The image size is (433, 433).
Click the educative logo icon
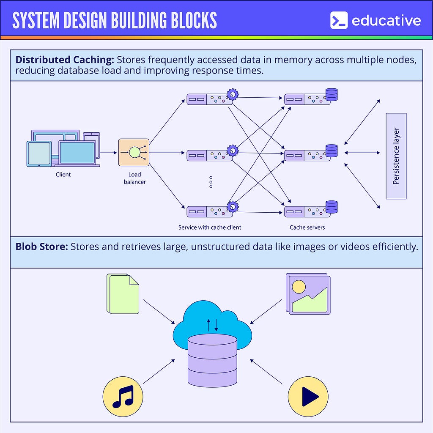coord(339,20)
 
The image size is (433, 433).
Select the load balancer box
coord(134,152)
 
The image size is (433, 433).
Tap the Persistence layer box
coord(396,156)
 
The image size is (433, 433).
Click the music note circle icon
coord(123,397)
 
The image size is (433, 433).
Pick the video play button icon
coord(308,397)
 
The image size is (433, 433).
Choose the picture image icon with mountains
coord(308,293)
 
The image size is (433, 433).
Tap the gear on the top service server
coord(233,94)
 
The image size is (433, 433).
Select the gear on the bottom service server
coord(233,207)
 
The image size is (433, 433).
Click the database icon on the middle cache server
coord(332,151)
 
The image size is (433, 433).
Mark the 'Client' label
coord(63,174)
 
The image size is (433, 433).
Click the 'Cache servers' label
coord(307,227)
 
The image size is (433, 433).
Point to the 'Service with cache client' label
coord(210,227)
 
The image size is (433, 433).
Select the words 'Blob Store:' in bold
coord(41,247)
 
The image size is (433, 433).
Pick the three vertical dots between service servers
coord(211,182)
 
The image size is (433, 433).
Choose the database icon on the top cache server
coord(332,94)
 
